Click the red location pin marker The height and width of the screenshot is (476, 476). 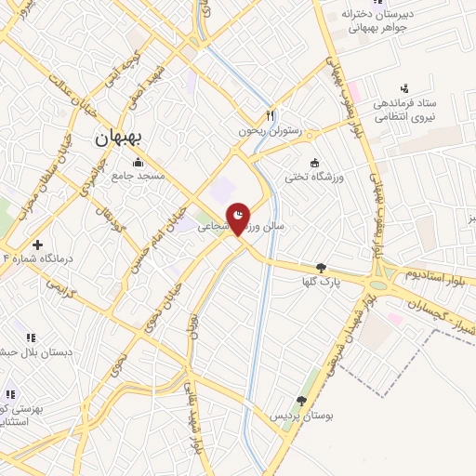pos(239,219)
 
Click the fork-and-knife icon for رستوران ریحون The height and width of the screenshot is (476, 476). pos(271,116)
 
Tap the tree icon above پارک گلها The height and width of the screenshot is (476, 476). pos(322,267)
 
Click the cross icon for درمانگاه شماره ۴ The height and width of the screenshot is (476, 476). pos(37,244)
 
